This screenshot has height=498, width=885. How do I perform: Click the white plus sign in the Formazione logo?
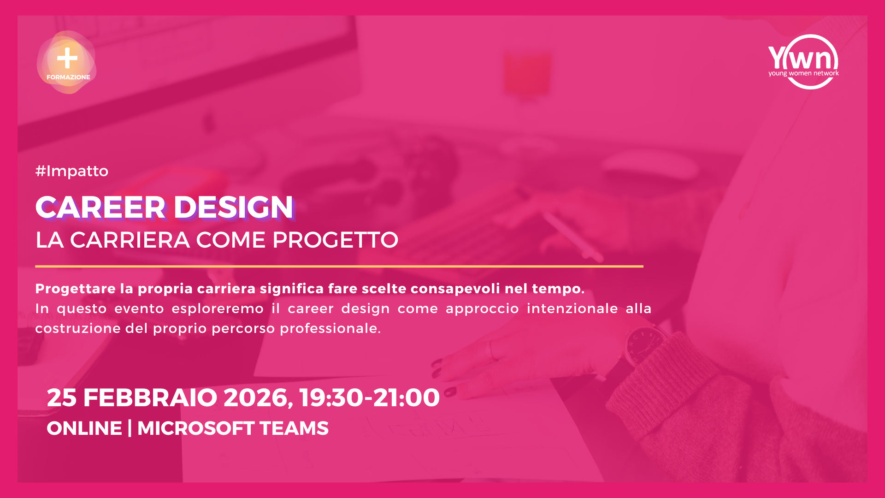pyautogui.click(x=67, y=58)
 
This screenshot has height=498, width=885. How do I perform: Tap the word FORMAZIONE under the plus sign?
pyautogui.click(x=68, y=77)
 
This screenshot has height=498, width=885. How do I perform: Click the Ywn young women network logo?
pyautogui.click(x=803, y=62)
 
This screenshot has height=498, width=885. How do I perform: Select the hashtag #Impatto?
pyautogui.click(x=72, y=171)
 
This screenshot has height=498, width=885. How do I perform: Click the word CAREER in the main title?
pyautogui.click(x=100, y=207)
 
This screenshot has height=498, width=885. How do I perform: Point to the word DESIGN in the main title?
pyautogui.click(x=233, y=207)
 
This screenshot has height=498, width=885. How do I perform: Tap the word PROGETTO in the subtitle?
pyautogui.click(x=335, y=240)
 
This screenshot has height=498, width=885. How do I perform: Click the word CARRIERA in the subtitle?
pyautogui.click(x=130, y=240)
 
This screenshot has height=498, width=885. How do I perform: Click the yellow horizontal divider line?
pyautogui.click(x=339, y=267)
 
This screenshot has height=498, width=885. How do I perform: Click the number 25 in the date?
pyautogui.click(x=61, y=397)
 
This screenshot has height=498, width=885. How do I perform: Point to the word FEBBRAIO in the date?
pyautogui.click(x=150, y=397)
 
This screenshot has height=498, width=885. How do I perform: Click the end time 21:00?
pyautogui.click(x=406, y=397)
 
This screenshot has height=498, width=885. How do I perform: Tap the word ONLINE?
pyautogui.click(x=84, y=428)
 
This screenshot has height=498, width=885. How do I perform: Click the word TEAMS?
pyautogui.click(x=294, y=428)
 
